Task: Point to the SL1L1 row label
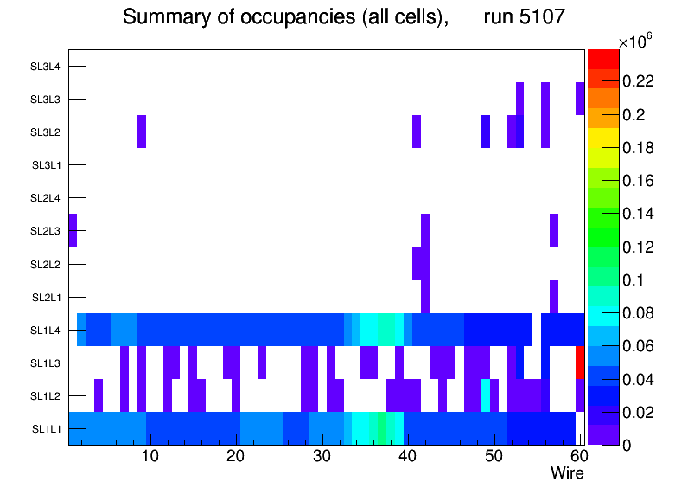(47, 428)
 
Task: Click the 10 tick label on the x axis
(150, 456)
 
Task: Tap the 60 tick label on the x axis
(578, 456)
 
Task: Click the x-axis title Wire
(568, 473)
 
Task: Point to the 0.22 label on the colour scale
(639, 81)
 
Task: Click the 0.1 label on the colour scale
(634, 280)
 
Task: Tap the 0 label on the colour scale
(627, 445)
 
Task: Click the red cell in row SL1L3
(580, 362)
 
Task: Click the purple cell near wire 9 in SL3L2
(142, 132)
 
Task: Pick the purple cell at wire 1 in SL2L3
(73, 230)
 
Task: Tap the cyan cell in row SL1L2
(486, 395)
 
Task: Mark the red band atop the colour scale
(603, 58)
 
